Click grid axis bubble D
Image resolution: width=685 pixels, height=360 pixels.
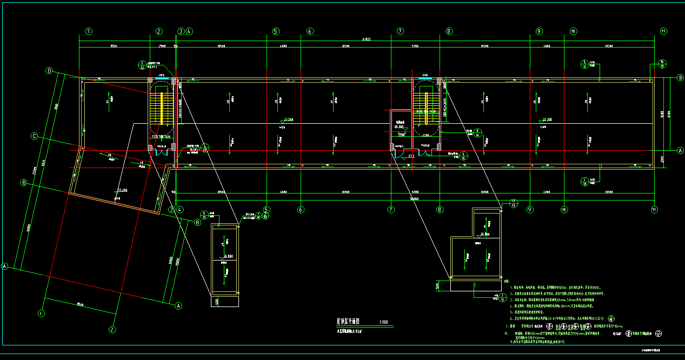click(49, 71)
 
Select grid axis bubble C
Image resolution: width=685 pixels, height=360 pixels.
click(34, 136)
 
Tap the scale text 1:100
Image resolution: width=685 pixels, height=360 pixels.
click(382, 323)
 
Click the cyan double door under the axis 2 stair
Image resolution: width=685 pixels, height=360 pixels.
click(161, 154)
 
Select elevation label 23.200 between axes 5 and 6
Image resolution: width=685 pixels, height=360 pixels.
click(289, 119)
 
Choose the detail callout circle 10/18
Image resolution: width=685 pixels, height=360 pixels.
click(663, 64)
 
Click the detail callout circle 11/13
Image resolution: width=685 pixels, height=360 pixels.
click(514, 203)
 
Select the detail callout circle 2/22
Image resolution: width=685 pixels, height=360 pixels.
click(142, 65)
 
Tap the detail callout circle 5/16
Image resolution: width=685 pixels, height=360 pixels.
click(463, 156)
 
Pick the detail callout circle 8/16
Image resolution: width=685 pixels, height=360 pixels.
click(478, 133)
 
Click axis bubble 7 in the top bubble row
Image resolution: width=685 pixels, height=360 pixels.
click(400, 31)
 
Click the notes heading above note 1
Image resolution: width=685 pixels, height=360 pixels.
click(506, 281)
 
